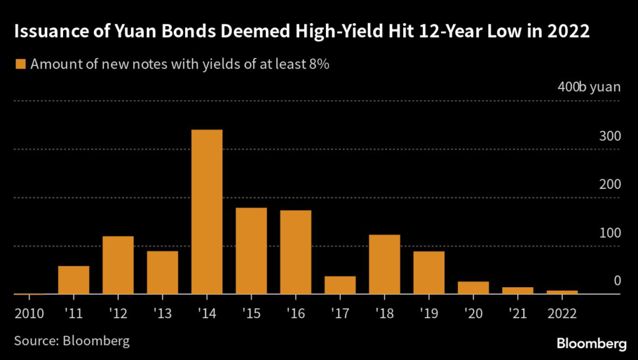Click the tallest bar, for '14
pos(207,212)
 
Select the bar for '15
pos(251,250)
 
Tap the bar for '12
pos(118,265)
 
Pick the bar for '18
pos(384,264)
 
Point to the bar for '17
pos(340,285)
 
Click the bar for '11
pos(74,280)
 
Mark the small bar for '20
pos(474,287)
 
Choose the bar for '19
pos(429,272)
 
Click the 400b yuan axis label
pos(589,87)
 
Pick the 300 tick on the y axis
pos(610,136)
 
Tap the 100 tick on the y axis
pos(610,233)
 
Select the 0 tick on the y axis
pos(617,282)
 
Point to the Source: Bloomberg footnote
pos(72,341)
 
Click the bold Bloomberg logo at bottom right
pos(591,343)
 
